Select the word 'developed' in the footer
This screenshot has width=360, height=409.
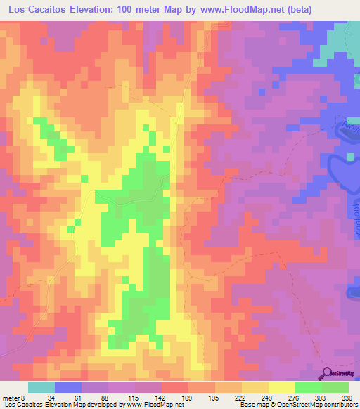coord(101,405)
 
